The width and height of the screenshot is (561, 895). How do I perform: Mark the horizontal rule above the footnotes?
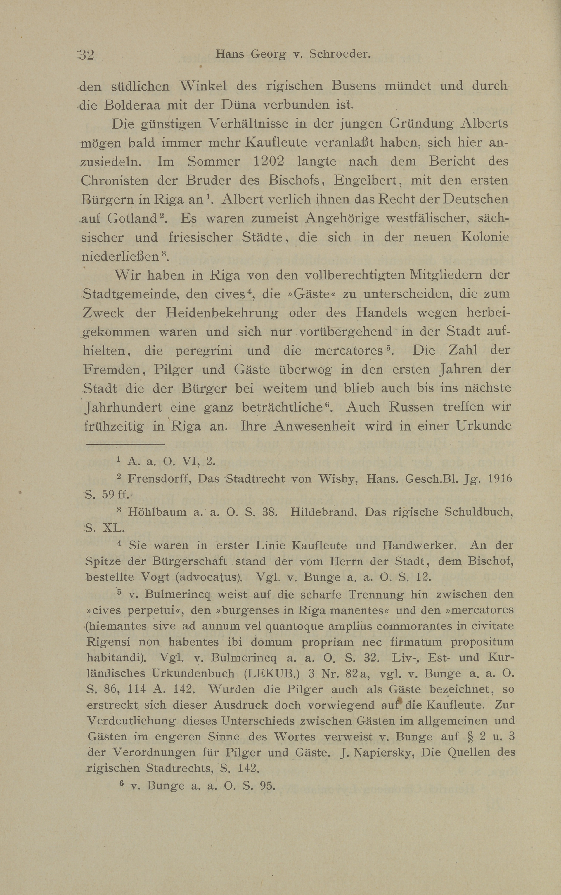pos(125,444)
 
